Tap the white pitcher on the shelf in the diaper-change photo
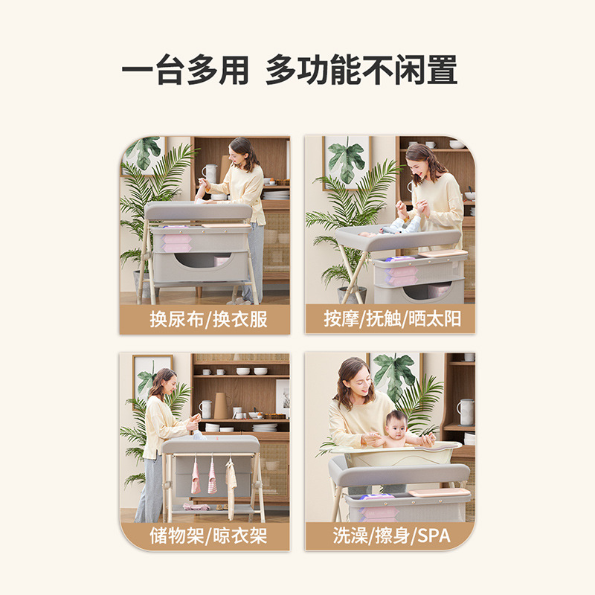pos(210,173)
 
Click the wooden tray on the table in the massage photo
pos(443,254)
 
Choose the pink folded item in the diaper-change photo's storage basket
pos(176,243)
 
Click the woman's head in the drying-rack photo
pos(163,381)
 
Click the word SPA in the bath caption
pos(434,535)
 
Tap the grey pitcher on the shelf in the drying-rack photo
pos(205,409)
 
